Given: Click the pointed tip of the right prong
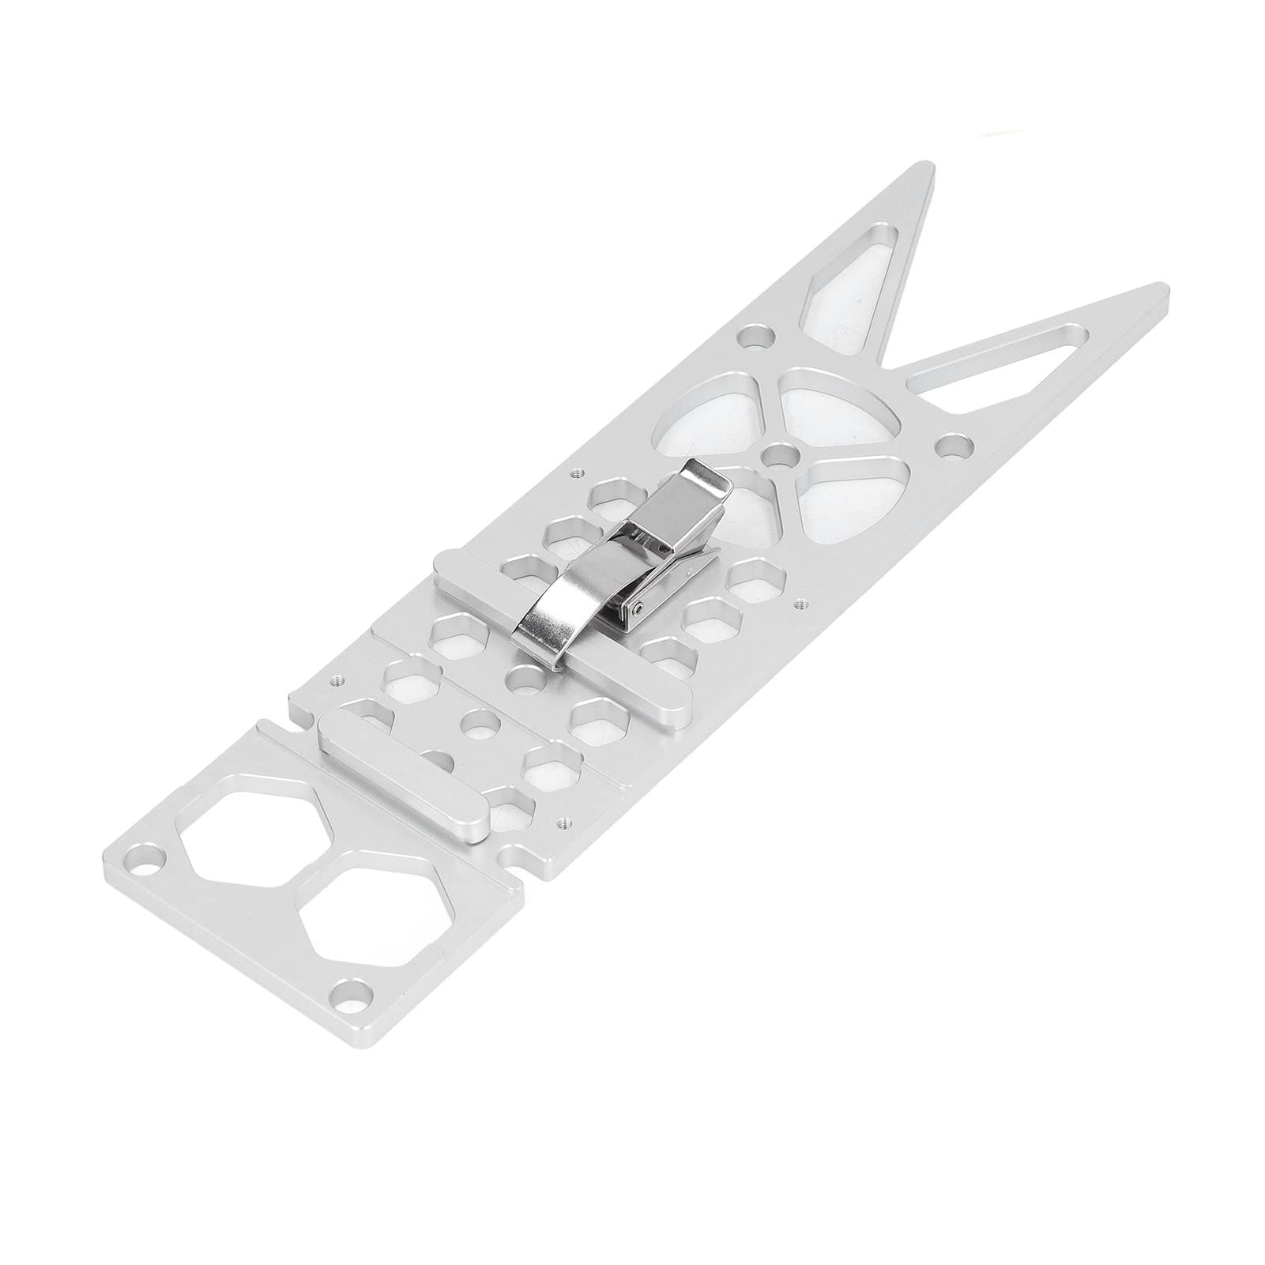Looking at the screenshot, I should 1161,288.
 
